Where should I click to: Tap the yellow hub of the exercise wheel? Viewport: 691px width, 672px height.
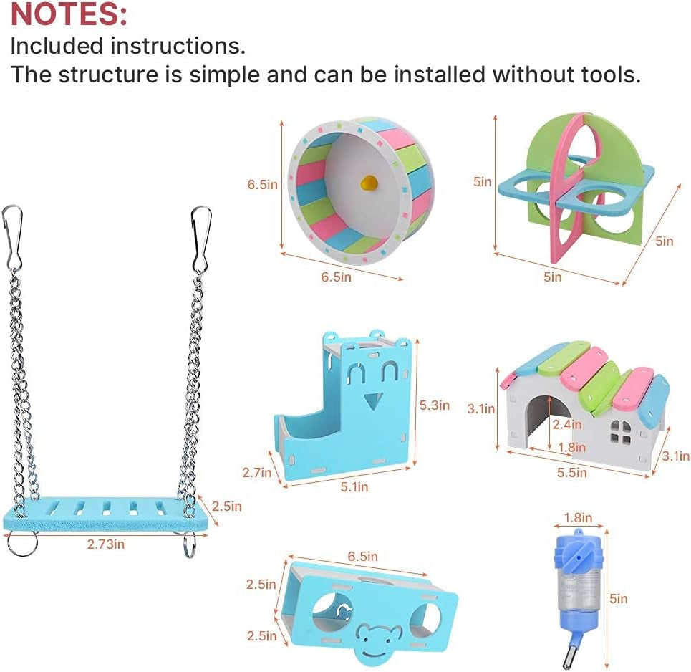(367, 183)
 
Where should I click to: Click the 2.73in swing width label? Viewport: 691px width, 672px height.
(106, 544)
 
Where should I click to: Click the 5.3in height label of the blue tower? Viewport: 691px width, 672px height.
(434, 405)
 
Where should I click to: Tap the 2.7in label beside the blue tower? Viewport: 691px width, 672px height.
(256, 472)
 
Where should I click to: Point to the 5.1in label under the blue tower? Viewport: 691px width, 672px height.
(353, 486)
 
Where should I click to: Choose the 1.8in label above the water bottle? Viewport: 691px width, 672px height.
(578, 517)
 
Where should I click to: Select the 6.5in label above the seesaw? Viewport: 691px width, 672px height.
(362, 556)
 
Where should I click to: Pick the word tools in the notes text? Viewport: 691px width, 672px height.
(604, 75)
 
